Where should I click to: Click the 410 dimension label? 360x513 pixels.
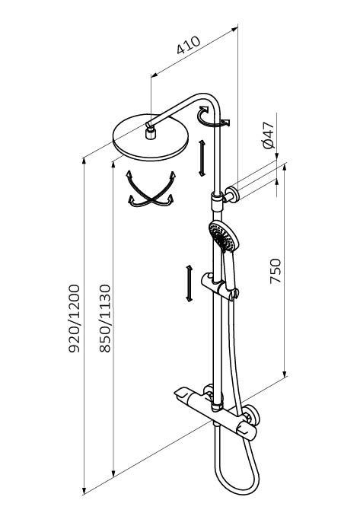point(189,45)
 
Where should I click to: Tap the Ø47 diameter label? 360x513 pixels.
point(269,135)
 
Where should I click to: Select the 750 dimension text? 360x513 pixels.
point(276,271)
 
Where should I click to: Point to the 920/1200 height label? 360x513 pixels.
point(75,318)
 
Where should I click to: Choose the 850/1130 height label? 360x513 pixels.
point(105,318)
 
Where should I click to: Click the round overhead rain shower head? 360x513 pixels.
point(151,138)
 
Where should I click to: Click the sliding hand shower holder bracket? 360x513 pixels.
point(218,286)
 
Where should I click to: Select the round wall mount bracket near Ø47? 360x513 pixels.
point(232,194)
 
